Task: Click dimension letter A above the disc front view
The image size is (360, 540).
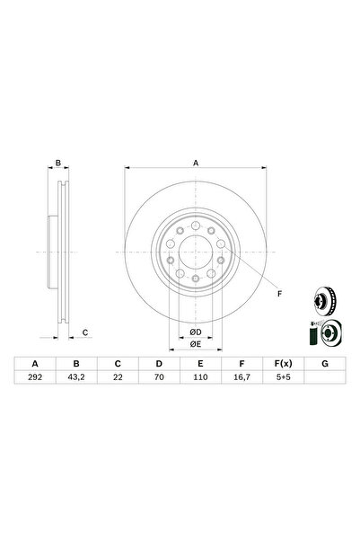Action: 195,163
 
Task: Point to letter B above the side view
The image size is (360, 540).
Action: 57,163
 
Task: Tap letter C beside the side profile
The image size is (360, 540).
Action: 84,333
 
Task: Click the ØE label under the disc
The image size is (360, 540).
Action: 195,343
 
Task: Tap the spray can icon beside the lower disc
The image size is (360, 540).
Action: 312,336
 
